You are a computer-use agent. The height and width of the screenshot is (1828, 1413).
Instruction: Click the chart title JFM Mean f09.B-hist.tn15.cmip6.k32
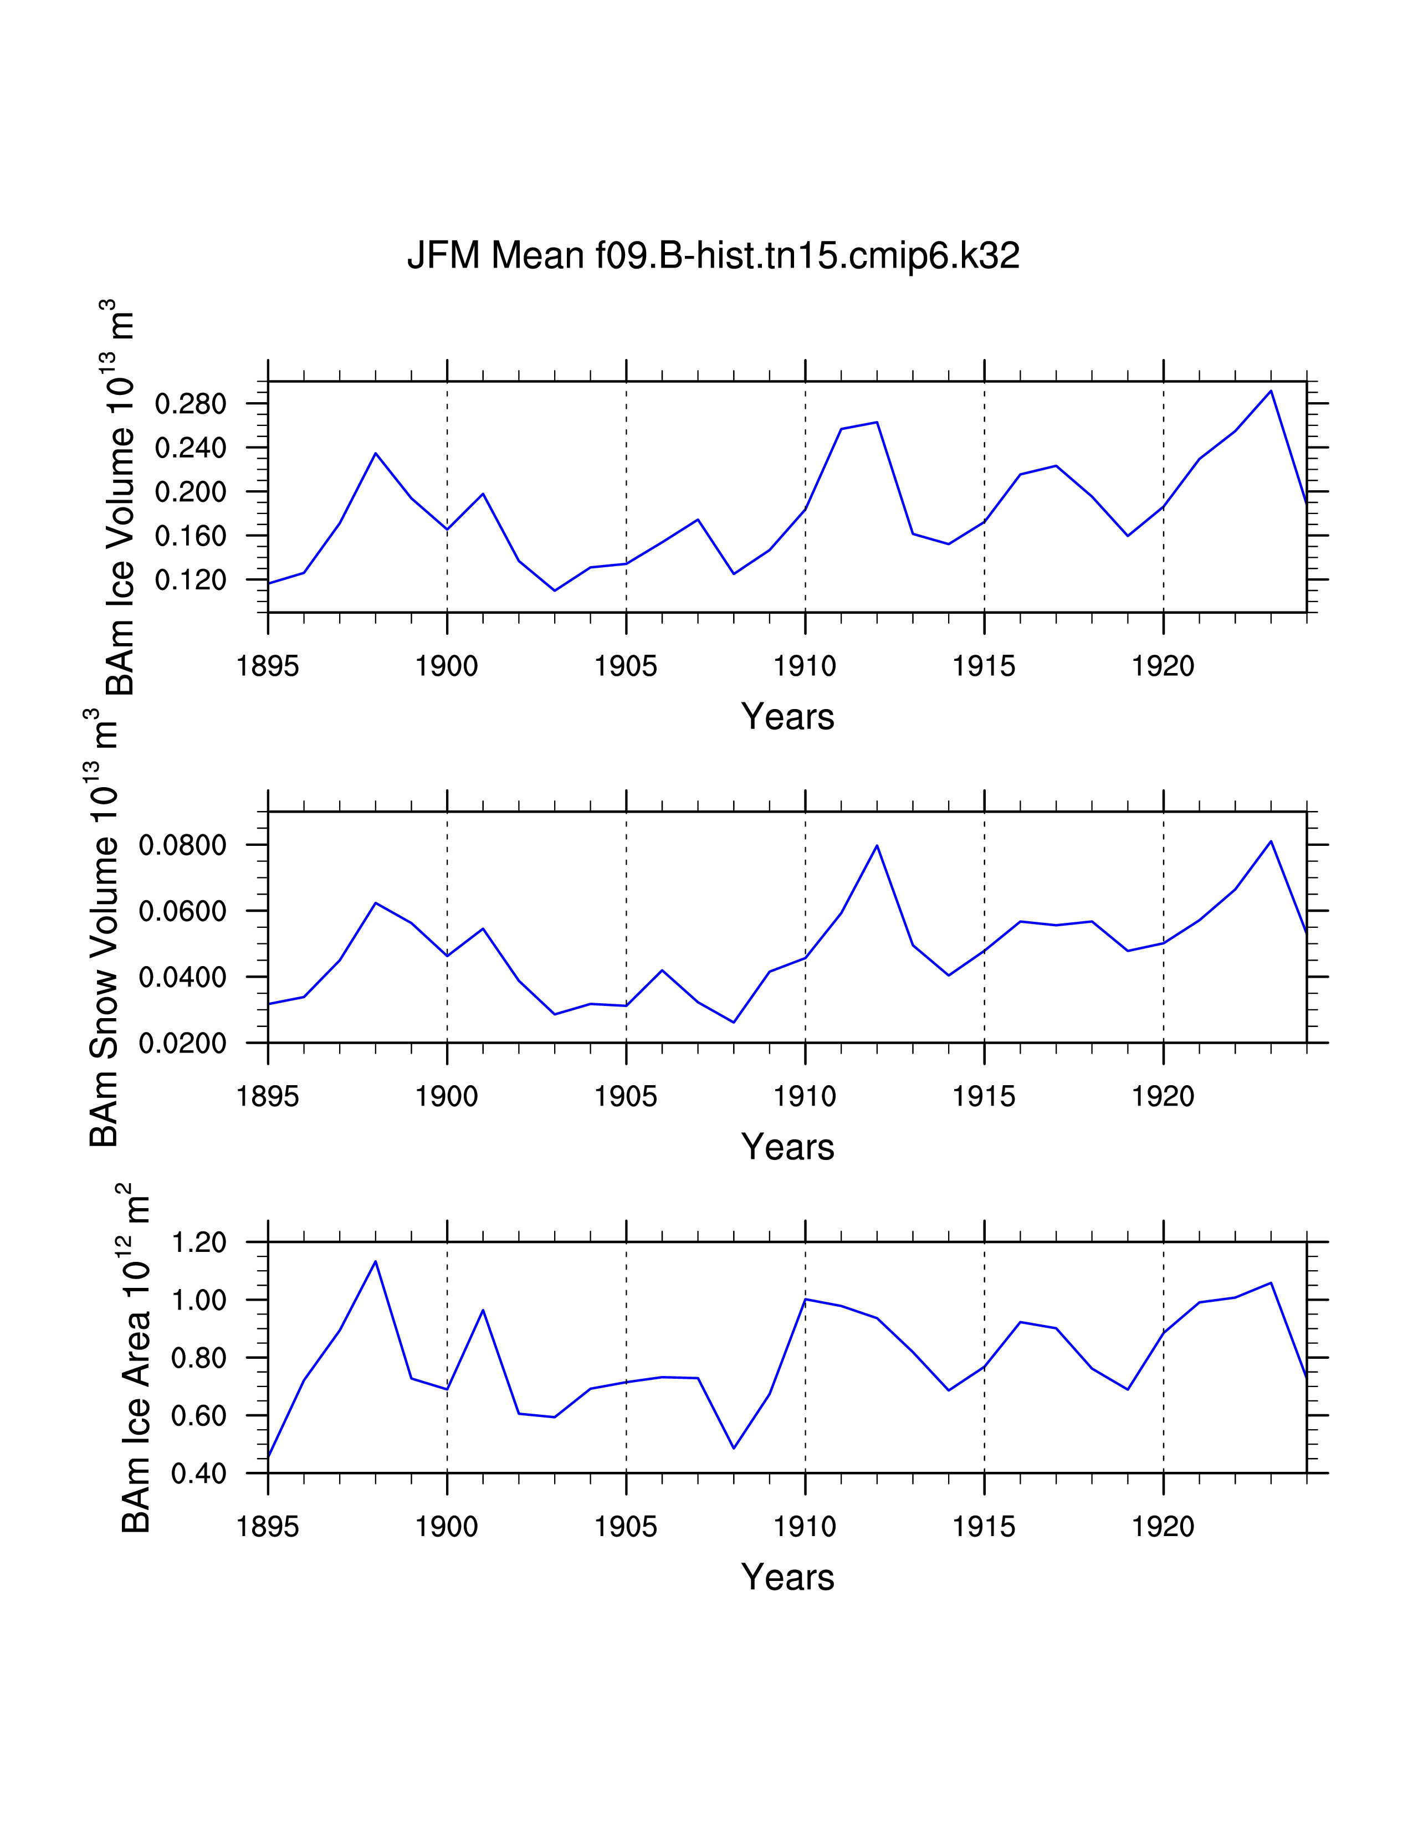point(713,255)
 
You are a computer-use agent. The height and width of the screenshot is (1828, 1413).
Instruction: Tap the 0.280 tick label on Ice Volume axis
point(191,404)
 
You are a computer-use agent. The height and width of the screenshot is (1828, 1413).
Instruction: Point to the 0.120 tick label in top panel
point(191,579)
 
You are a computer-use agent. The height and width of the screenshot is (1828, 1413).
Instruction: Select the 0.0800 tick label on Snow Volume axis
point(182,845)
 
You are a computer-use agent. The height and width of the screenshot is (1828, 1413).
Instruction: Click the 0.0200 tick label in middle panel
point(182,1044)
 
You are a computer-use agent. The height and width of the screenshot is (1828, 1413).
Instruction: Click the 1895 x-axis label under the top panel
point(268,667)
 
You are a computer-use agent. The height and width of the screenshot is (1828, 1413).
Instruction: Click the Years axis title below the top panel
point(788,717)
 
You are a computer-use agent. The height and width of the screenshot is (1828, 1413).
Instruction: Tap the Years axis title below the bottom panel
point(788,1578)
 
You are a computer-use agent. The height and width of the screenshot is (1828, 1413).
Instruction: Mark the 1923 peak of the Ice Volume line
point(1271,391)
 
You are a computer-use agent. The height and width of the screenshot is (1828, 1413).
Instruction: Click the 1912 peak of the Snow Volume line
point(877,845)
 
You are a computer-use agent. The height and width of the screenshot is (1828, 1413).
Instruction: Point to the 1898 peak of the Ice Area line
point(376,1261)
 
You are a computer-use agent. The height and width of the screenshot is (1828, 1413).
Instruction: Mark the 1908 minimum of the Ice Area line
point(734,1448)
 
